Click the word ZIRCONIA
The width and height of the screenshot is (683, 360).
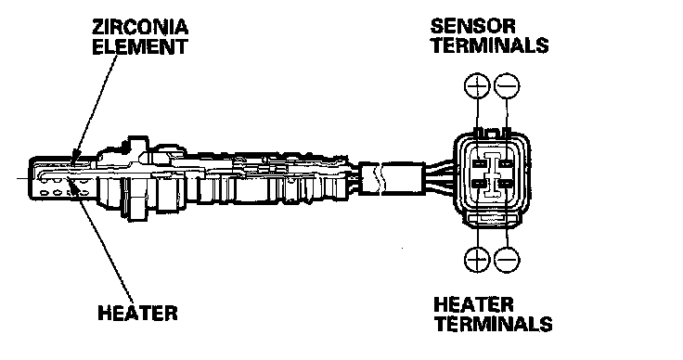click(x=140, y=27)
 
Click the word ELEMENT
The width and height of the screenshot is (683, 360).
click(x=140, y=46)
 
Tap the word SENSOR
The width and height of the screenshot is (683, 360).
click(x=472, y=26)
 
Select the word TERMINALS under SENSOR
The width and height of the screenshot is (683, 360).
click(x=490, y=45)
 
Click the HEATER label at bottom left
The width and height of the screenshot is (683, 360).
click(x=137, y=313)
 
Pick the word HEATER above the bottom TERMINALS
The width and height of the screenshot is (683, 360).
click(x=473, y=304)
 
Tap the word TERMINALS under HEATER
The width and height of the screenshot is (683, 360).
click(x=494, y=324)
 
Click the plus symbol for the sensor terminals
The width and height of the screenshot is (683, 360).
click(x=477, y=85)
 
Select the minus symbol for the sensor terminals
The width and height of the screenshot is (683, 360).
click(x=507, y=85)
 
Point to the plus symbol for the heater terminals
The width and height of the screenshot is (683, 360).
click(x=477, y=260)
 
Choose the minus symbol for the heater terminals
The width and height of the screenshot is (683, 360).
click(x=507, y=260)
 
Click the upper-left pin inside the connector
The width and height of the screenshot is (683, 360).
click(x=479, y=163)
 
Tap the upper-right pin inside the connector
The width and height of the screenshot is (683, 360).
click(x=505, y=163)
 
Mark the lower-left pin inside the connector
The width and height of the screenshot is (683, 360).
click(x=479, y=184)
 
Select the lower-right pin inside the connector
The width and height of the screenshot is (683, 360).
click(x=505, y=184)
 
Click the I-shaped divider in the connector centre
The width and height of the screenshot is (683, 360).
click(x=492, y=174)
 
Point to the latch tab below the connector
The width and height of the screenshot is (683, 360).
click(x=493, y=220)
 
